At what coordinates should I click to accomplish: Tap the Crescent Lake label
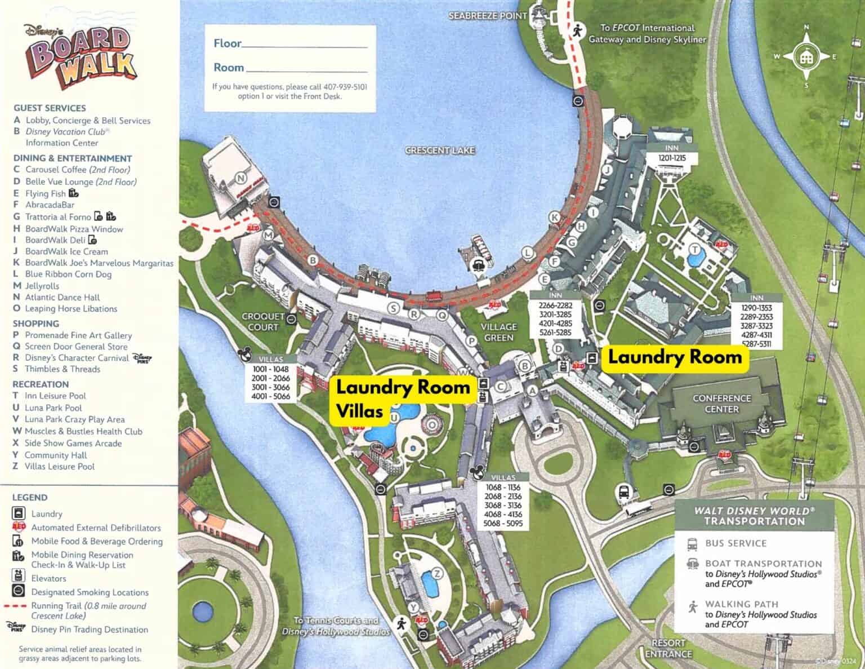(x=440, y=150)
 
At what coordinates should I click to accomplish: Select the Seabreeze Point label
(x=487, y=16)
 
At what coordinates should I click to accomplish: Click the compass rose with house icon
(x=806, y=56)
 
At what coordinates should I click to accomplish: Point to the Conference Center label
(x=721, y=404)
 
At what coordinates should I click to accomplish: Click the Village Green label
(x=498, y=332)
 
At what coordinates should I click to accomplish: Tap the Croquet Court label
(x=263, y=322)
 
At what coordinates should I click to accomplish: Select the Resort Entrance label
(x=668, y=648)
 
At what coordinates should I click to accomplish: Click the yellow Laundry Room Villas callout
(x=402, y=398)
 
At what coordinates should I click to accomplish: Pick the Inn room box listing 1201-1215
(x=672, y=154)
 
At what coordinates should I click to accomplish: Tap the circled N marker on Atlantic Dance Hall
(x=241, y=179)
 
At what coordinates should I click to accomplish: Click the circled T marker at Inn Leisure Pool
(x=695, y=250)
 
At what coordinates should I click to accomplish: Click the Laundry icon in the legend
(x=19, y=513)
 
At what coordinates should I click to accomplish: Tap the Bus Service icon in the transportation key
(x=692, y=544)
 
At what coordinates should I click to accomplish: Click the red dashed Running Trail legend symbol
(x=19, y=606)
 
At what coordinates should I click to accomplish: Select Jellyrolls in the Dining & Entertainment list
(x=42, y=286)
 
